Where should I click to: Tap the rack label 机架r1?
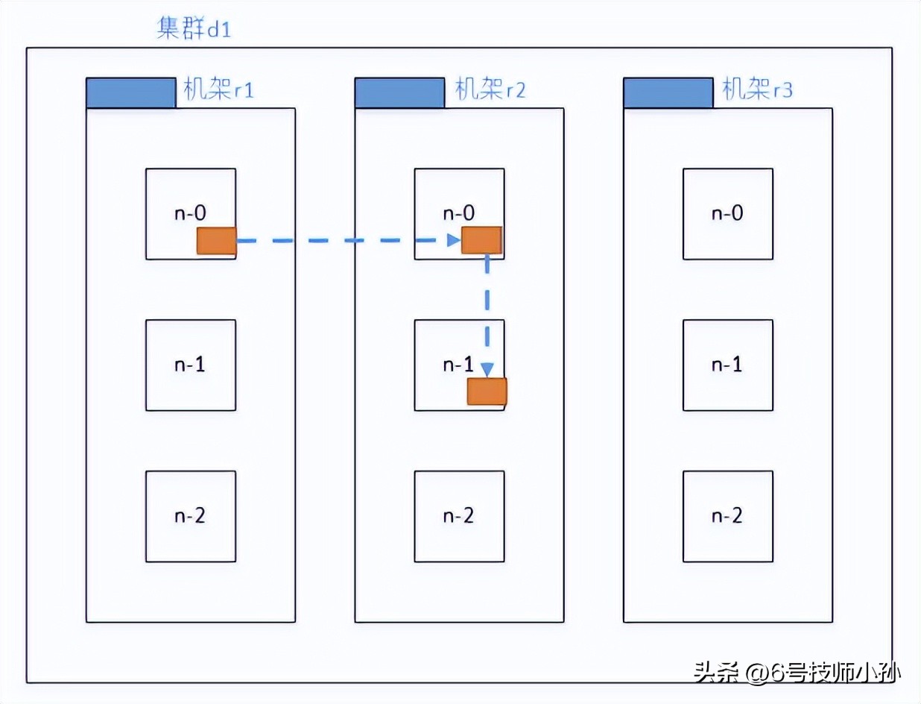tap(218, 91)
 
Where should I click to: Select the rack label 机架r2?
tap(490, 91)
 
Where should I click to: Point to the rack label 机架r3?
tap(757, 91)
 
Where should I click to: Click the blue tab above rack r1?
tap(131, 92)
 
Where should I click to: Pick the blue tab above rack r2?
tap(399, 92)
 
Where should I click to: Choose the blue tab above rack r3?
tap(668, 92)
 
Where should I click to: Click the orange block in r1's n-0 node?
tap(216, 241)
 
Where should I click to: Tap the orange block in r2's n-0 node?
tap(481, 240)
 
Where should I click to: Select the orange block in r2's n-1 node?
tap(487, 392)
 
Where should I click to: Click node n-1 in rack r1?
tap(191, 365)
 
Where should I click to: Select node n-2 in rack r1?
tap(191, 516)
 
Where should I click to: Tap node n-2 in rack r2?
tap(459, 516)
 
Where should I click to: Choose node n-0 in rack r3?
tap(727, 213)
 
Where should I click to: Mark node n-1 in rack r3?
tap(727, 365)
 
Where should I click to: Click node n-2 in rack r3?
tap(727, 516)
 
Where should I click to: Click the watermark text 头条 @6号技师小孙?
tap(797, 673)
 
